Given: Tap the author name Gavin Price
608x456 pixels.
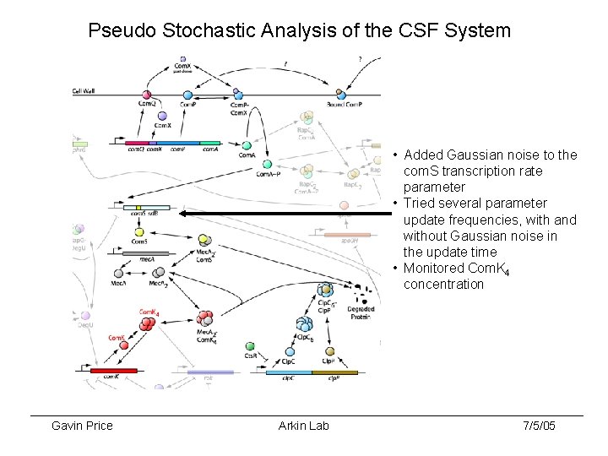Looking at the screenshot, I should [x=82, y=426].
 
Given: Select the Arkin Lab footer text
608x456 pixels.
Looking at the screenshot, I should [x=303, y=426].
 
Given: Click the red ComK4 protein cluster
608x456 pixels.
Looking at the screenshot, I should [x=148, y=320].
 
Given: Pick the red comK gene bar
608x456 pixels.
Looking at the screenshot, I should [x=113, y=371].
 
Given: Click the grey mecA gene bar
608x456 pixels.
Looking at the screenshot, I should [x=145, y=252].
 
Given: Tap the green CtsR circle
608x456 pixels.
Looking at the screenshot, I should [x=250, y=346].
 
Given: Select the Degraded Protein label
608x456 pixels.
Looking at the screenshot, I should [x=361, y=312].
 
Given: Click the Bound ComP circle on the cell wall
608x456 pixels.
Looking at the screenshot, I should [x=341, y=94].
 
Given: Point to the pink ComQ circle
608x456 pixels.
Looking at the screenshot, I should [x=146, y=95].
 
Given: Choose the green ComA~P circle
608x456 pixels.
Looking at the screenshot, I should [x=267, y=165].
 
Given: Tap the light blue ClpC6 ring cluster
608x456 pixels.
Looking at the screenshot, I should [x=305, y=324].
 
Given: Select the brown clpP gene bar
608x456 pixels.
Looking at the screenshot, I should [x=334, y=371].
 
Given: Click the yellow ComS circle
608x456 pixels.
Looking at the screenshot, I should [x=179, y=241].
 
